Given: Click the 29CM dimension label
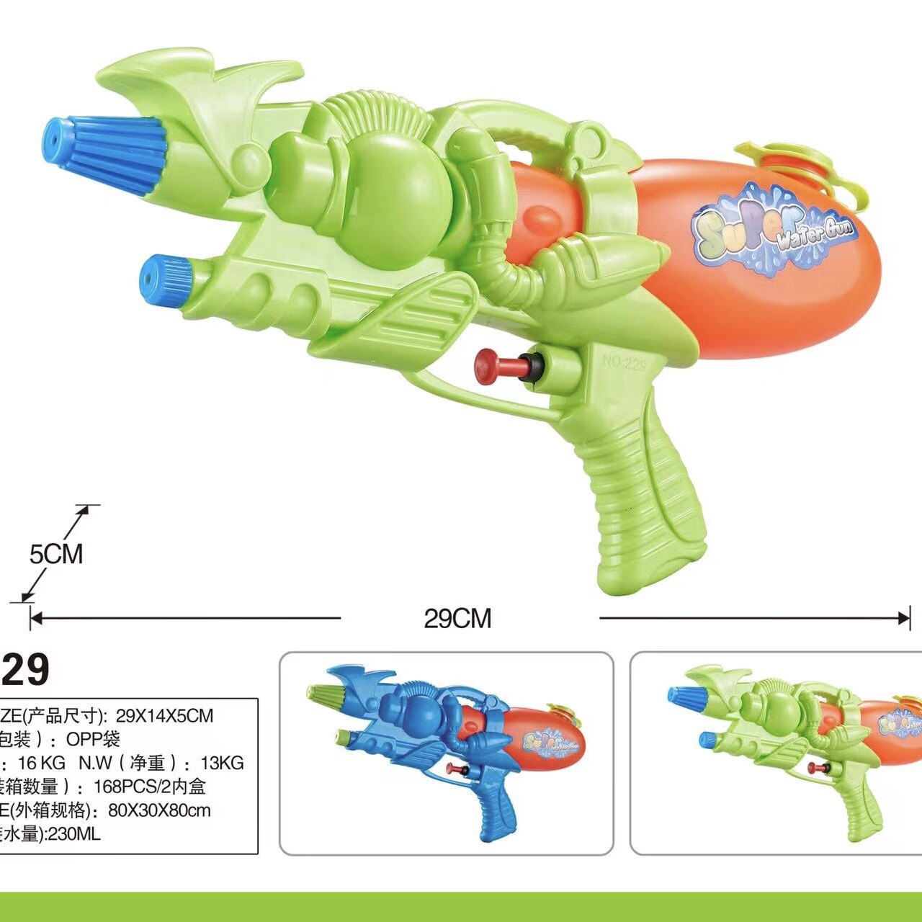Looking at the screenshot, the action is pos(457,618).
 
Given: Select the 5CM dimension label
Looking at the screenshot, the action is pos(56,554).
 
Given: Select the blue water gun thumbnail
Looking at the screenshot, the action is pos(447,753).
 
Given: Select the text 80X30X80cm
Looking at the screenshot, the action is pos(159,810).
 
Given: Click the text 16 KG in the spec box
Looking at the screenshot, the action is pos(42,763).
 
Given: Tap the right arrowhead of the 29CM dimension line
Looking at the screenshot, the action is pos(905,617).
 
